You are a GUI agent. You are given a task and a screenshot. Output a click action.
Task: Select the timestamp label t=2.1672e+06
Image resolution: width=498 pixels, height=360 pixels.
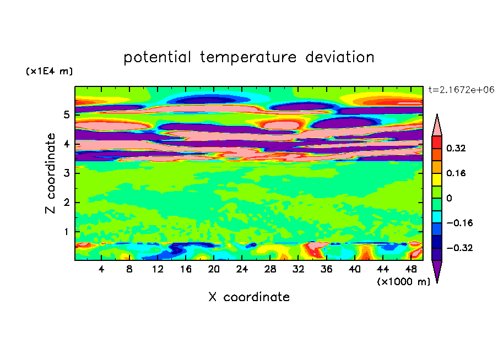pos(461,89)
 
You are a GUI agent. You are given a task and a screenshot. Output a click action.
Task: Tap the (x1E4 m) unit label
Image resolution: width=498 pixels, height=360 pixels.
pos(49,72)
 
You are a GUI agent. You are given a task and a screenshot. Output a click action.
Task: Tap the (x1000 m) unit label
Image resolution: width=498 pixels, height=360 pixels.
pos(403,281)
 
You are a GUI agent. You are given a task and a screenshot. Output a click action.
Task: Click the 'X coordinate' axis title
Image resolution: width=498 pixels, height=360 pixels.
pos(249,297)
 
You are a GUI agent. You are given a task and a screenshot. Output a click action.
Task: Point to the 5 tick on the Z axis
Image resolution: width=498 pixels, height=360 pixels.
pos(66,115)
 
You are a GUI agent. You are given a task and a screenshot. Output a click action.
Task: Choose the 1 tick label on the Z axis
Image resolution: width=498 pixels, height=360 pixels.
pos(66,232)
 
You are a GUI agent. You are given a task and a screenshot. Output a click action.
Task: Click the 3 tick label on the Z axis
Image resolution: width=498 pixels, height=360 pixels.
pos(66,173)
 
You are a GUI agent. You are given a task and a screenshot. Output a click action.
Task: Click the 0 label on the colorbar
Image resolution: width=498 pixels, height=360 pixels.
pos(449,198)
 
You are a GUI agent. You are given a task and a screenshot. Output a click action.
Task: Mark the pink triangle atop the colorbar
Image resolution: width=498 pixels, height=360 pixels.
pos(437,126)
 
